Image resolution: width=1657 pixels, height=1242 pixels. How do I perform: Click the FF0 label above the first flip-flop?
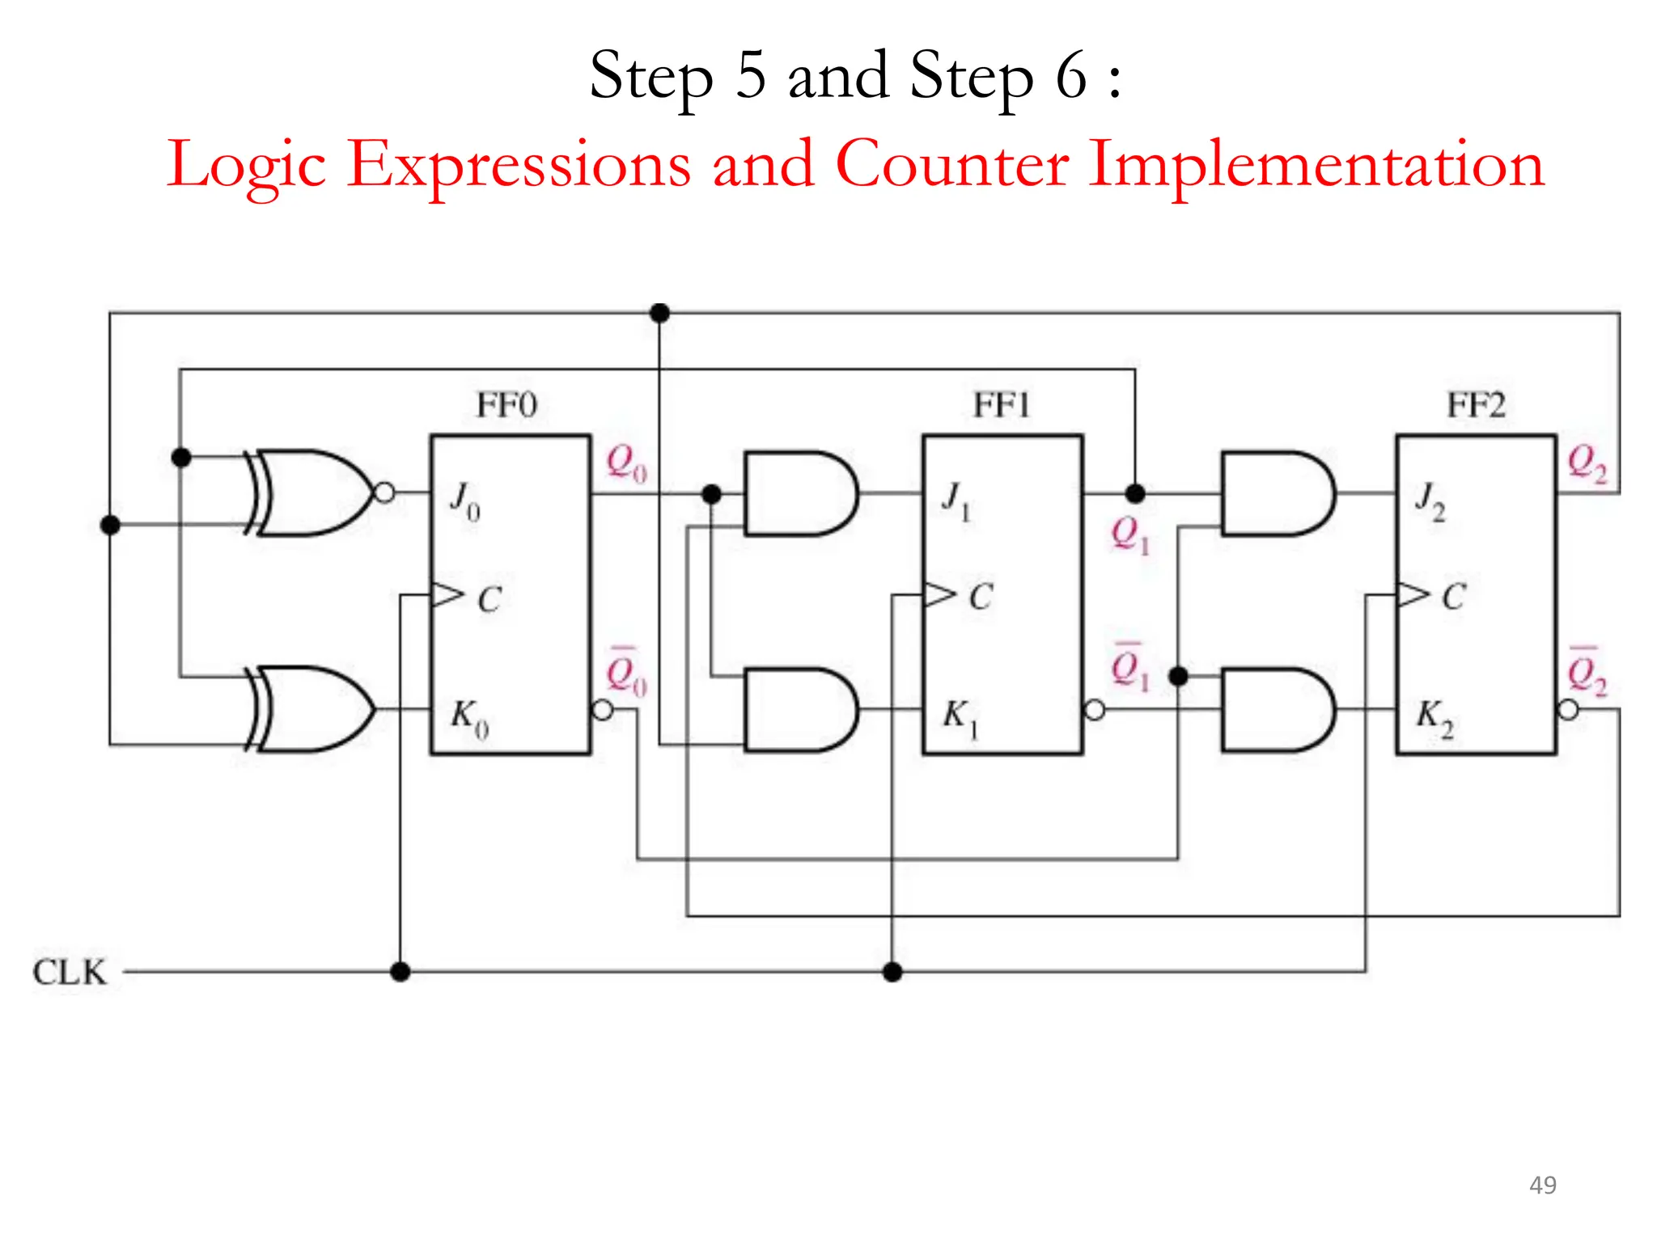[x=506, y=405]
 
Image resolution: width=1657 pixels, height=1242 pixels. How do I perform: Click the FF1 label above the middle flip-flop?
[x=1002, y=405]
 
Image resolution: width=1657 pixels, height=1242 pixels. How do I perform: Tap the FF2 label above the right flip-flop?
[x=1476, y=405]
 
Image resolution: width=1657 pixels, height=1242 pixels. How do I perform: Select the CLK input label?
[x=70, y=972]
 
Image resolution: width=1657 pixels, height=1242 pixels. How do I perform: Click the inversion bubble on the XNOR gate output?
[x=385, y=492]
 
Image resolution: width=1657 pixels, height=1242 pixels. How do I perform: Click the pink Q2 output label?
[x=1587, y=463]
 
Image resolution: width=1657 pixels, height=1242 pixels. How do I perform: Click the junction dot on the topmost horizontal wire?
[x=660, y=313]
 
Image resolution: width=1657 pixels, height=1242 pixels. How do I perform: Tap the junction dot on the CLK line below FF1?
[x=892, y=972]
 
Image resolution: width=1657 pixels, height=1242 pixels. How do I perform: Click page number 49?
[x=1542, y=1185]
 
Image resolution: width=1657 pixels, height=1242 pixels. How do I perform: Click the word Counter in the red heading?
[x=951, y=164]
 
